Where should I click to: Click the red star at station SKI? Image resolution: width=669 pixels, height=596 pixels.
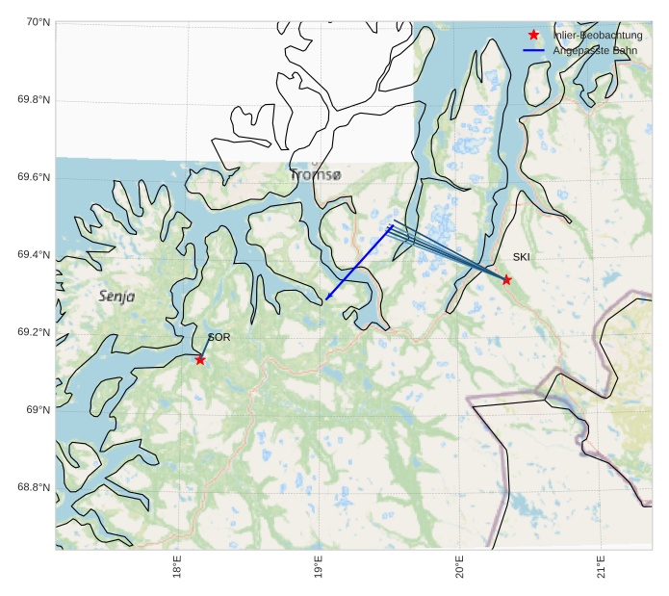point(506,279)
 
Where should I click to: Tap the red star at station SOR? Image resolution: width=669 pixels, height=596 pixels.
point(200,359)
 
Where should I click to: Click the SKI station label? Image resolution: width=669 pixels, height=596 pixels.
point(521,257)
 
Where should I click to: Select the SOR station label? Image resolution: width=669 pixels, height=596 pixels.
point(219,337)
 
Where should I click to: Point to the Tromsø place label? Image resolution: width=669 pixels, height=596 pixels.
point(316,175)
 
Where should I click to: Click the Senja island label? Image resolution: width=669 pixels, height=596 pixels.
point(116,297)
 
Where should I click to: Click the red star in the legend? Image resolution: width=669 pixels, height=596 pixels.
point(533,35)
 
